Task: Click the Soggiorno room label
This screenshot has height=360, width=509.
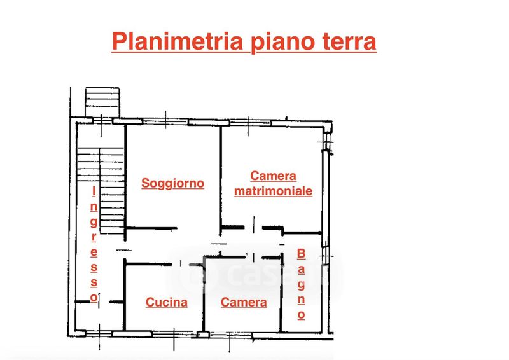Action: tap(173, 183)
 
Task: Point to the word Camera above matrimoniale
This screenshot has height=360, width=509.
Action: tap(273, 176)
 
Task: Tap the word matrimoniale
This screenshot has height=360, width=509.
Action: tap(273, 191)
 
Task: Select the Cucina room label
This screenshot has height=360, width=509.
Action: tap(167, 303)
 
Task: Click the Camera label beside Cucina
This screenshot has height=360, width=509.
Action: tap(244, 303)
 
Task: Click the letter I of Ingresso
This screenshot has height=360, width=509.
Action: tap(94, 191)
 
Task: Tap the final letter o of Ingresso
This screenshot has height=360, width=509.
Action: tap(94, 297)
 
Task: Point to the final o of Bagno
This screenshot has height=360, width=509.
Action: tap(302, 314)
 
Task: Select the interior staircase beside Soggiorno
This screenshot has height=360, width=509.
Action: tap(101, 191)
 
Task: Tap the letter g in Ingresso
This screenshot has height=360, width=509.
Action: tap(94, 221)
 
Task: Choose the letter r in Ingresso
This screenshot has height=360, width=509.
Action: tap(94, 237)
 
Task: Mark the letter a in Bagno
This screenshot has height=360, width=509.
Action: tap(302, 269)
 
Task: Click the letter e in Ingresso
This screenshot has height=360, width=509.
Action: tap(94, 251)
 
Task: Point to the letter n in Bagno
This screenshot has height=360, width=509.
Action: tap(302, 299)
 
